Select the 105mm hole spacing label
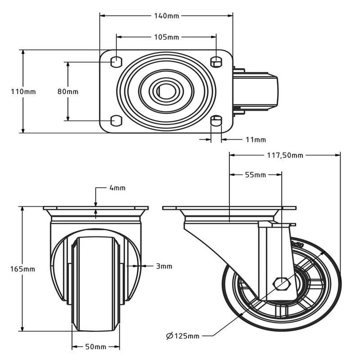[x=166, y=37]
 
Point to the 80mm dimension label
[x=68, y=92]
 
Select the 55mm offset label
[x=256, y=175]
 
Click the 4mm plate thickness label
[x=117, y=188]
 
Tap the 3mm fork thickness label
[x=164, y=266]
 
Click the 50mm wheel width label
[x=96, y=346]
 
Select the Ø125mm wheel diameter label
[x=183, y=336]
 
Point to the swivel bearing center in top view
[x=166, y=92]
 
